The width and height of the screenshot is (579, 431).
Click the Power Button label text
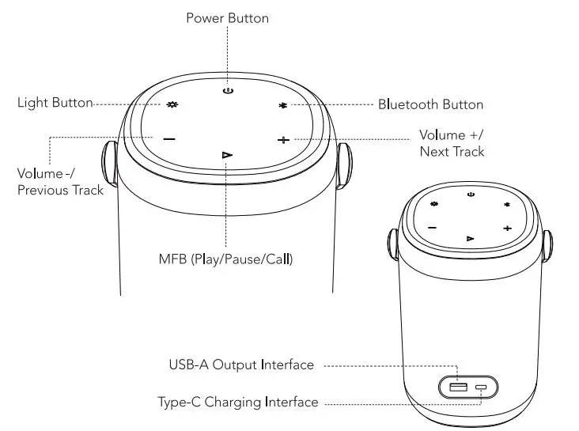[227, 17]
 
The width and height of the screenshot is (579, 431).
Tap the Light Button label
[55, 103]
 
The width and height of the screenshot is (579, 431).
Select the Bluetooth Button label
[430, 104]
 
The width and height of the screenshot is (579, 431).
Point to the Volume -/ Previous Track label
[60, 181]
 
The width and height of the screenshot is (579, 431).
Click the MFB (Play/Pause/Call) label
[225, 259]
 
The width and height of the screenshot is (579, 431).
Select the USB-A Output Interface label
[241, 365]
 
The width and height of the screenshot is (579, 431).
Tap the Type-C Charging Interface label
[237, 403]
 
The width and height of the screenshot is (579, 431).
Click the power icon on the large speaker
[228, 91]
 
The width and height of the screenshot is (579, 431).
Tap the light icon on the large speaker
[172, 104]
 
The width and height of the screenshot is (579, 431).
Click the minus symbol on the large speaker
[169, 139]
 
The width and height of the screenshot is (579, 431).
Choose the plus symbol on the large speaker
[283, 140]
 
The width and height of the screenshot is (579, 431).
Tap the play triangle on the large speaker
[227, 154]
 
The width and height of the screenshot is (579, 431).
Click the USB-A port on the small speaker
[458, 387]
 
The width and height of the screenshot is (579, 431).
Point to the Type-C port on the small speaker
[481, 388]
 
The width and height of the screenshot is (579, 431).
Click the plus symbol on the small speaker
[507, 228]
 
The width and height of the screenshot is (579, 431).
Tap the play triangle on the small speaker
[471, 237]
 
